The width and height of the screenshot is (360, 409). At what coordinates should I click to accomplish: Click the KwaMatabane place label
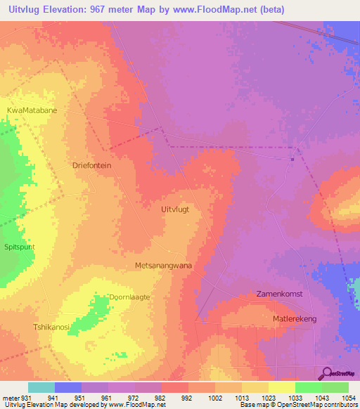pyautogui.click(x=32, y=110)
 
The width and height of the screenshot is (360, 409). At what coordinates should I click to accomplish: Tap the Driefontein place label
pyautogui.click(x=92, y=165)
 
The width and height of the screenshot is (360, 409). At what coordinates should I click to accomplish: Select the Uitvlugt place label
pyautogui.click(x=176, y=209)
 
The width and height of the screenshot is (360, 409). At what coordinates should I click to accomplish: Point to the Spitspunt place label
pyautogui.click(x=20, y=248)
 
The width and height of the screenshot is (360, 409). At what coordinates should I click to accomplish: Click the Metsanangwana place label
pyautogui.click(x=163, y=266)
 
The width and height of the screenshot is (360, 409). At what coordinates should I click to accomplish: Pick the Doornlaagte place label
pyautogui.click(x=129, y=297)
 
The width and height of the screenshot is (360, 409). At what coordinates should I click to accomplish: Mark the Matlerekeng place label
pyautogui.click(x=295, y=319)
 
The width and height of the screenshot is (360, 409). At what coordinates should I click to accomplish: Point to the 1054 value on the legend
pyautogui.click(x=349, y=397)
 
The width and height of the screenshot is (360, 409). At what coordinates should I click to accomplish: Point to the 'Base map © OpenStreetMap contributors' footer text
pyautogui.click(x=297, y=405)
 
